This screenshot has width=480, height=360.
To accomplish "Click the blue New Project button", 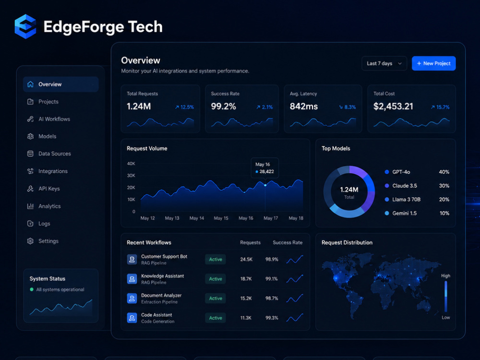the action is pos(433,63).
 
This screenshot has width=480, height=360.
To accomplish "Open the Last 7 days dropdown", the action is pos(384,63).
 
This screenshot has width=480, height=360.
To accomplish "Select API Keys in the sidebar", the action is pos(49,189).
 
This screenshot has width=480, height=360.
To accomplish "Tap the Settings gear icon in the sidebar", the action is pos(30,241).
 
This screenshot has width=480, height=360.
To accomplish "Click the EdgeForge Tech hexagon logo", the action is pos(25,26).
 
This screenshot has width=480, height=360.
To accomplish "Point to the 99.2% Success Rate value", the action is pos(224,106).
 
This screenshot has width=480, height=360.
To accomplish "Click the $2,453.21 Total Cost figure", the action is pos(393,106).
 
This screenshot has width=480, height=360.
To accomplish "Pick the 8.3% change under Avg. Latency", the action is pos(348,107).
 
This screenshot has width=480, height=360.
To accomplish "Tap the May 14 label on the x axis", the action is pos(196,218).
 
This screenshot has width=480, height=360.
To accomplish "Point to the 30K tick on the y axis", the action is pos(131,175).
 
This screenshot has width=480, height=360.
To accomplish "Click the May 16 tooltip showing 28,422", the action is pos(265,168).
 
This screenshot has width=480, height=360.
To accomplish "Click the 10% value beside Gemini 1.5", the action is pos(444,213).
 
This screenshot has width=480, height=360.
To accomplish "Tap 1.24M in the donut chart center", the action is pos(349,190).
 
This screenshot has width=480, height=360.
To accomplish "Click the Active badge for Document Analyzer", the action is pos(216,298).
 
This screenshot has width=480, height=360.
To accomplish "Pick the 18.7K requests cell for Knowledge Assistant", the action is pos(246,279).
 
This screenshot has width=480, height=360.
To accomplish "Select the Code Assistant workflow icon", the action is pos(132,318).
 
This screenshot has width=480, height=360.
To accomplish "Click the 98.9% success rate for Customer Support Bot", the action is pos(272,259).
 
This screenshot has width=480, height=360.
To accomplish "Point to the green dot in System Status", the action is pos(32,289).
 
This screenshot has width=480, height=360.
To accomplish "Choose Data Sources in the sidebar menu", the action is pos(55,154).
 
